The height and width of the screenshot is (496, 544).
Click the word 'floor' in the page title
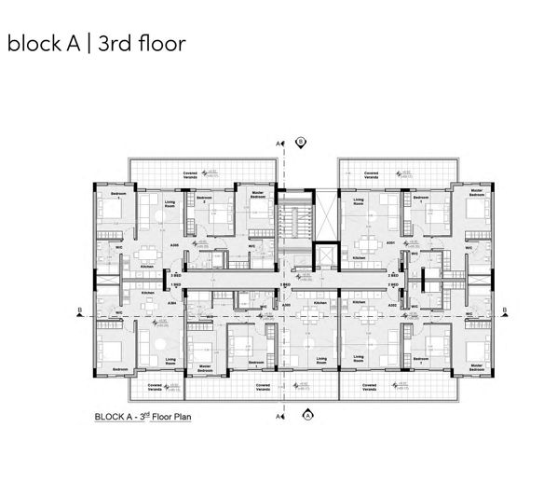[x=153, y=43]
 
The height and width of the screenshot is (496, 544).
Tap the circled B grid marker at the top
[x=301, y=142]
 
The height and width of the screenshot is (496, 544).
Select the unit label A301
[x=392, y=242]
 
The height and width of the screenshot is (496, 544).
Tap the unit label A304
[x=171, y=304]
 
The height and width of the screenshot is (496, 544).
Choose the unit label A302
[x=392, y=304]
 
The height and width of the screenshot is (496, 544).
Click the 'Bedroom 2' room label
[x=204, y=200]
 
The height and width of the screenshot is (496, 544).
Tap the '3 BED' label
[x=174, y=276]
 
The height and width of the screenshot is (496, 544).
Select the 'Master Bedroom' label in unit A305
[x=258, y=196]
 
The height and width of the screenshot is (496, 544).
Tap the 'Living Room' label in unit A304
[x=170, y=360]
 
